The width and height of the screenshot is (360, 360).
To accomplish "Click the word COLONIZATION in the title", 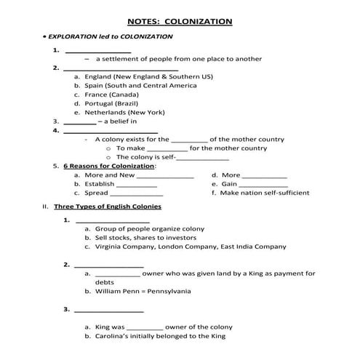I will click(199, 22).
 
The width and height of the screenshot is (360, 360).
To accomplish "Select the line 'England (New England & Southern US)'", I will click(148, 76).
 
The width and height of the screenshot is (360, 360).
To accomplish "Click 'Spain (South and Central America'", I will click(140, 85).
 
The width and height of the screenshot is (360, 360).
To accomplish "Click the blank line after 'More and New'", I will click(165, 175).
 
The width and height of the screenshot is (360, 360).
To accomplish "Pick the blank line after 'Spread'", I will click(137, 193).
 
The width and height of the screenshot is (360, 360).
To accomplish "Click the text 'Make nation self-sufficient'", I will click(265, 193).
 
